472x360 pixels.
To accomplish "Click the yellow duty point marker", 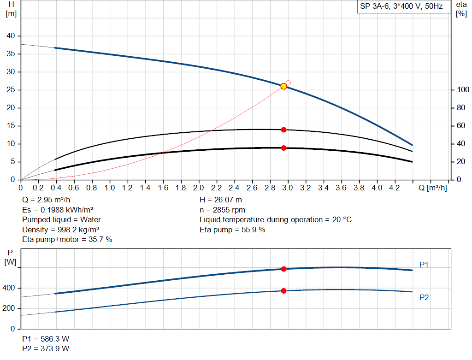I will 283,86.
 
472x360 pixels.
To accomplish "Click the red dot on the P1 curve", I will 283,269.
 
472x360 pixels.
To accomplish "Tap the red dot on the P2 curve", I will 283,291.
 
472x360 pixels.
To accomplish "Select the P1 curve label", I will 424,265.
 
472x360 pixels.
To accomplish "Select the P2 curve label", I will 424,298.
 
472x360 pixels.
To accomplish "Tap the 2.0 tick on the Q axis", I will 199,188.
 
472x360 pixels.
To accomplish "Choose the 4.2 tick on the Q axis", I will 395,188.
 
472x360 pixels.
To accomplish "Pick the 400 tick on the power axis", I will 10,288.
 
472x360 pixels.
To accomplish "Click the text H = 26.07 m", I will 221,200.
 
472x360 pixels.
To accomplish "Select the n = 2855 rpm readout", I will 223,210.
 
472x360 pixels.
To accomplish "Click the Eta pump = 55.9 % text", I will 232,230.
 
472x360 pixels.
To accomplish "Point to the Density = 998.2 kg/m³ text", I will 61,230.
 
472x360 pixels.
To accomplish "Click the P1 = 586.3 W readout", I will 46,339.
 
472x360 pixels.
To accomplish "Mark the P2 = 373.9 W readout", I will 46,349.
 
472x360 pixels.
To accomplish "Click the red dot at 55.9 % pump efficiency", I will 283,130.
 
